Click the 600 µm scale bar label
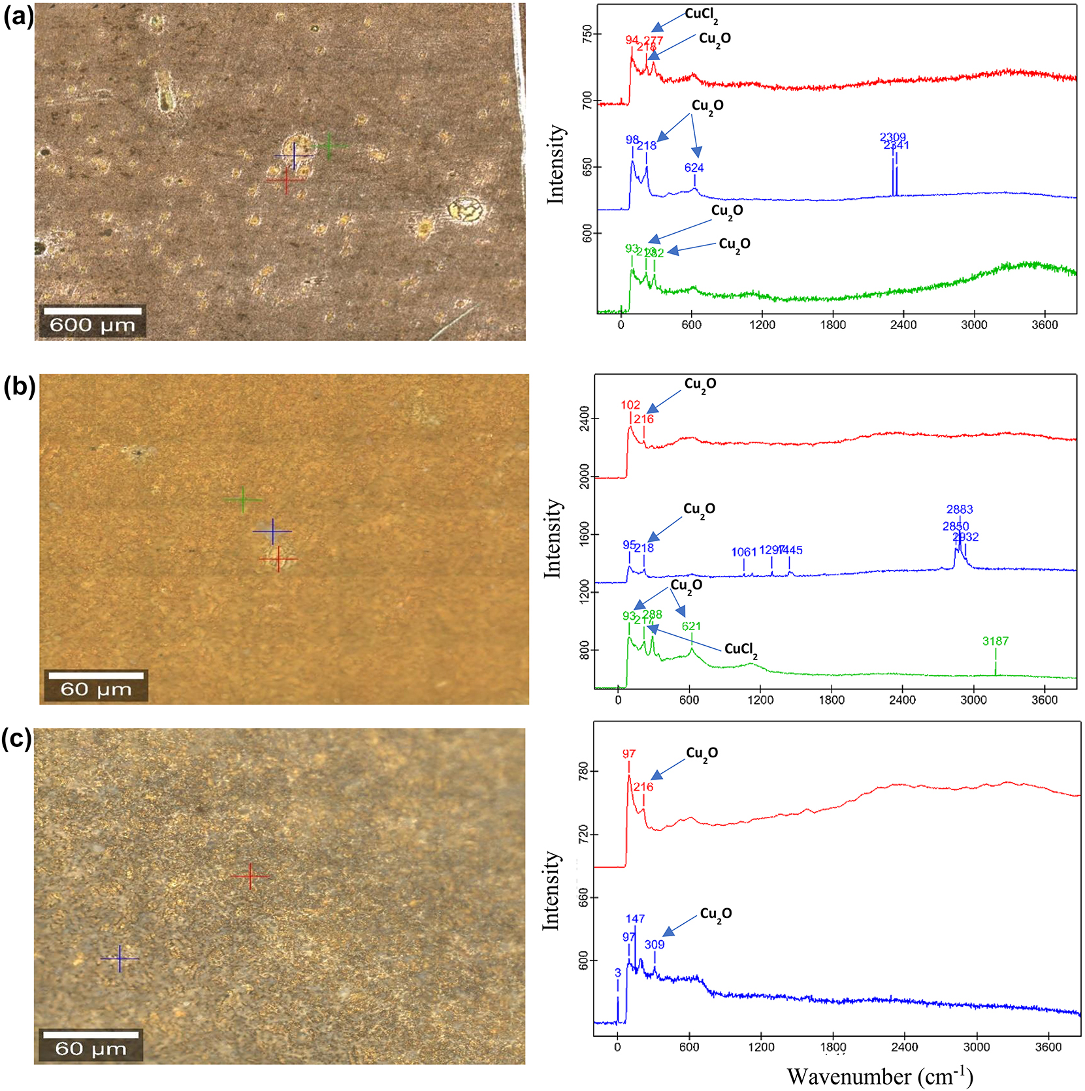click(x=92, y=324)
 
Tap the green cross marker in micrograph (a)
click(x=329, y=146)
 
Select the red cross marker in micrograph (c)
click(x=250, y=876)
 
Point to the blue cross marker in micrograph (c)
click(x=120, y=958)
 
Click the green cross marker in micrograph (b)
click(x=244, y=500)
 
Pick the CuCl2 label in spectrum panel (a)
click(x=701, y=15)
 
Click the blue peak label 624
click(x=694, y=168)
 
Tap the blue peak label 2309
click(x=892, y=136)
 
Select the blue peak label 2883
click(x=959, y=509)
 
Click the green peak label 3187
click(x=995, y=641)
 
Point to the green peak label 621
click(x=691, y=626)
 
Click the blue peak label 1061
click(x=743, y=552)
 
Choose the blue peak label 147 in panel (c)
click(x=635, y=919)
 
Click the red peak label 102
click(x=630, y=405)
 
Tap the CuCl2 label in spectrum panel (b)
click(x=741, y=649)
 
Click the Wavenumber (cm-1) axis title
click(x=879, y=1076)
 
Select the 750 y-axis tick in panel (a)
click(x=587, y=34)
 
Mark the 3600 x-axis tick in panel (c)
click(x=1048, y=1047)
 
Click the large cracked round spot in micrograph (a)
click(x=466, y=210)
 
